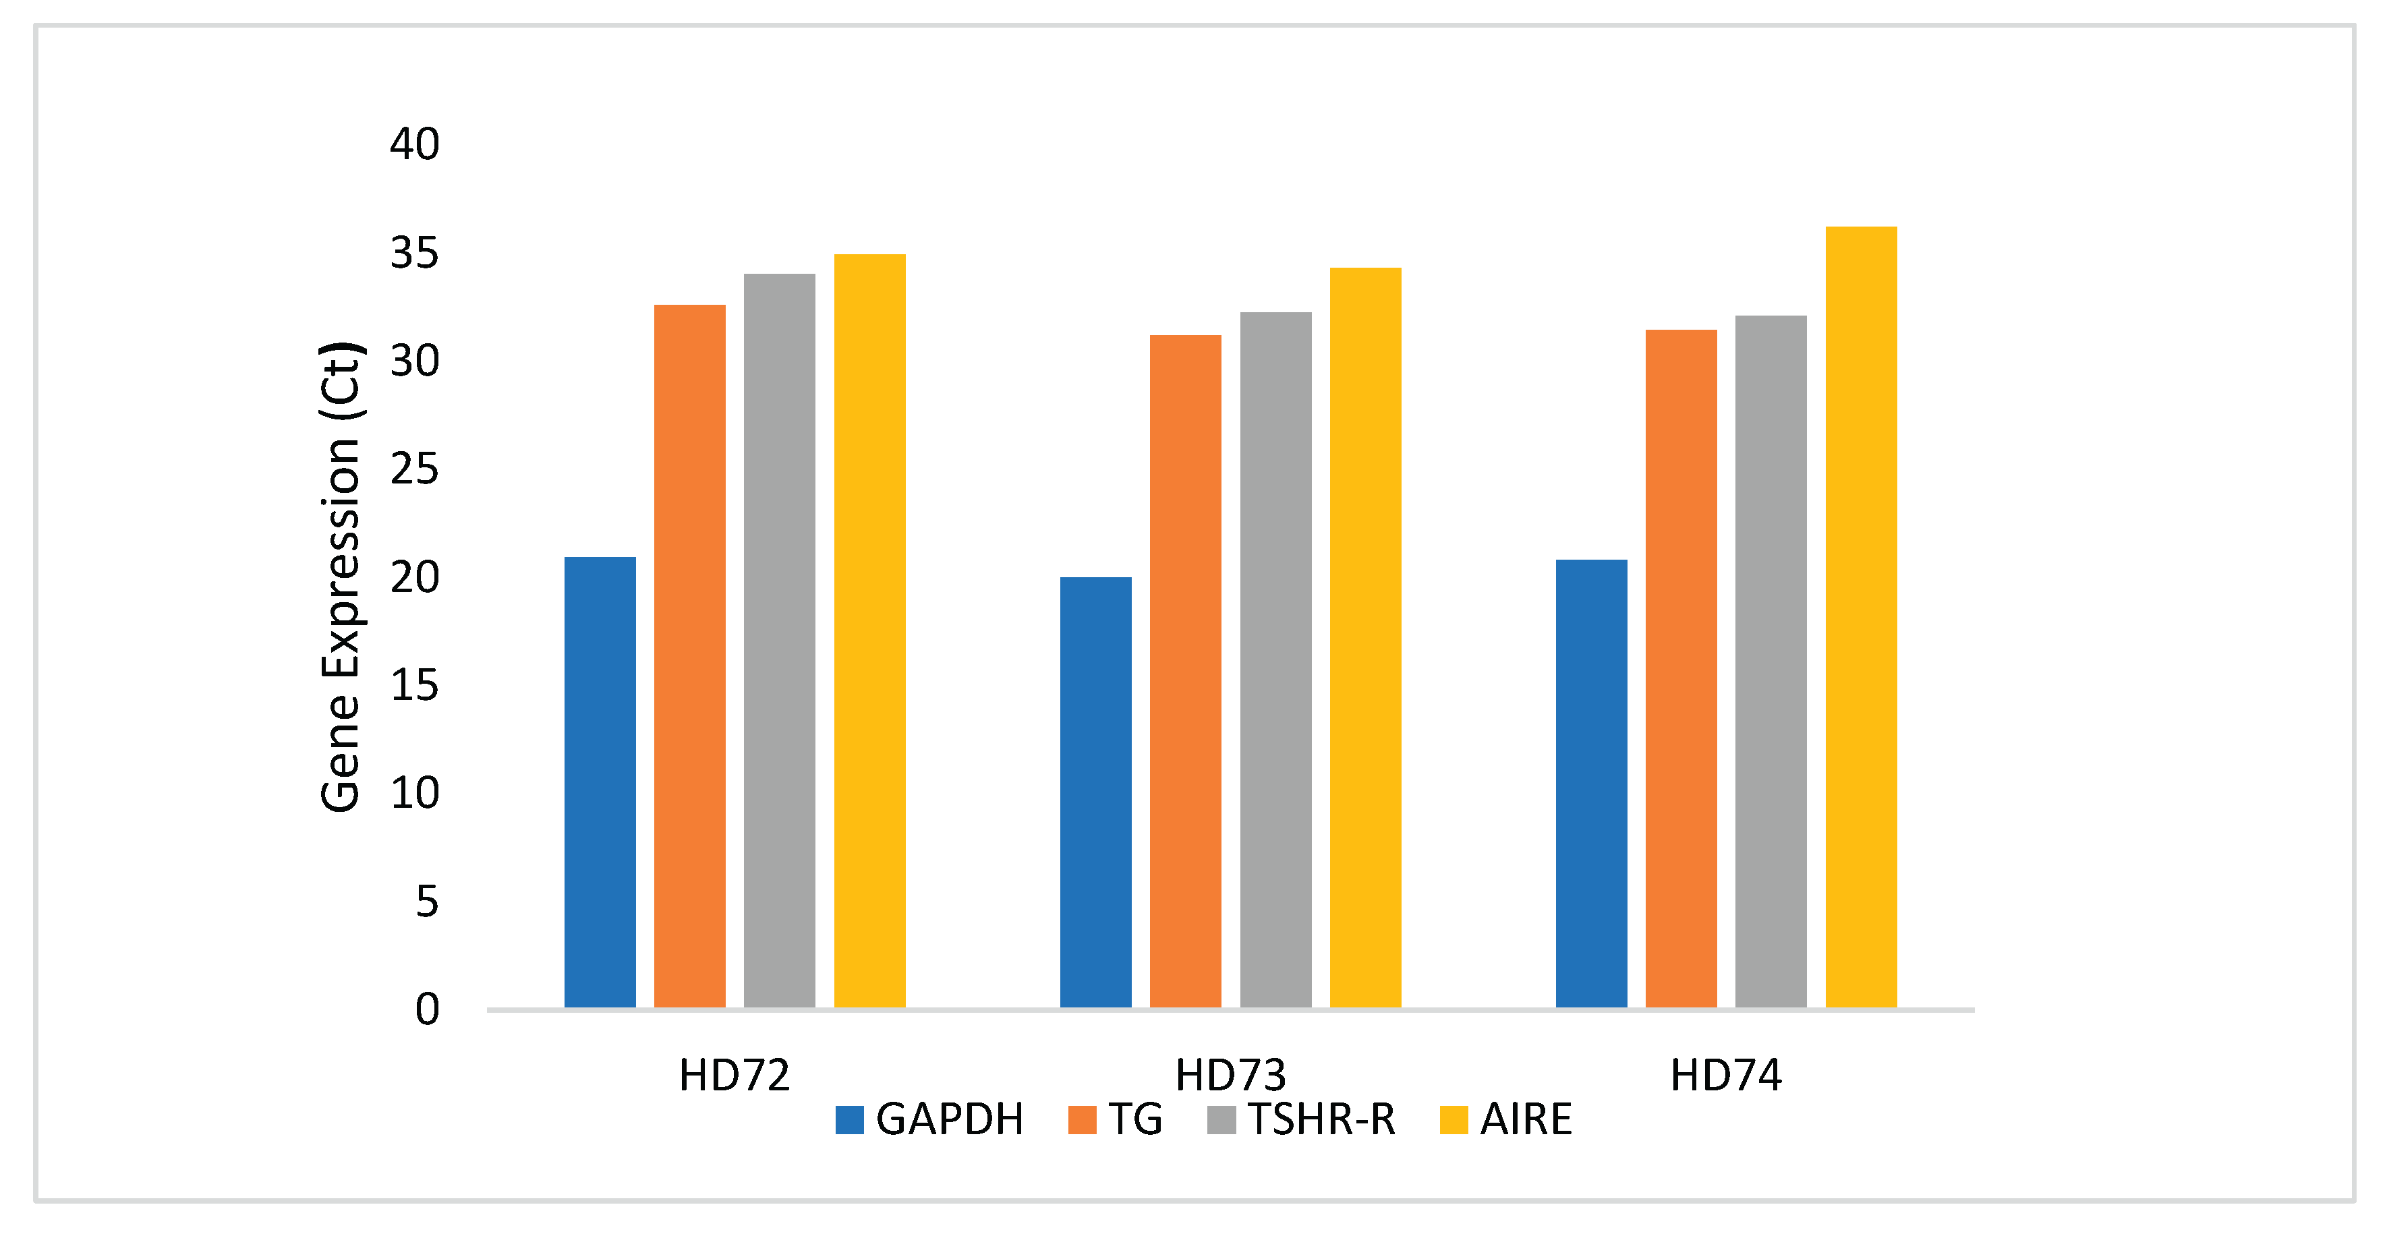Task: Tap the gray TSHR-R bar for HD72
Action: (779, 640)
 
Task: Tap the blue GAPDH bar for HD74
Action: (1592, 784)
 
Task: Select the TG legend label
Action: (1135, 1119)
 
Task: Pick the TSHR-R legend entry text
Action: (1321, 1119)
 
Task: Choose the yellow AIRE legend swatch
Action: (1453, 1119)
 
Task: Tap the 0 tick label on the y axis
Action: (426, 1009)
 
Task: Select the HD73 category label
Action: (1231, 1076)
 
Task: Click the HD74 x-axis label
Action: (1726, 1076)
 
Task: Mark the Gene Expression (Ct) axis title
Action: (341, 577)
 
